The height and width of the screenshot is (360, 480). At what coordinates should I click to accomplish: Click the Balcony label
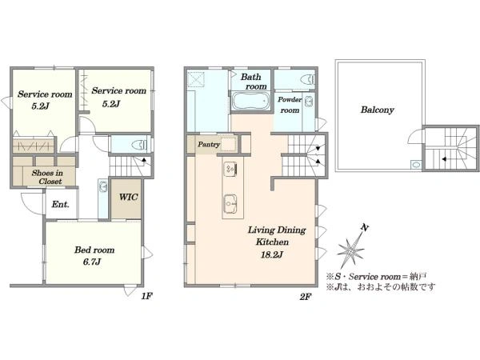coord(377,110)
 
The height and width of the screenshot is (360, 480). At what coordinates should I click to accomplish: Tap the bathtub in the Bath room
coord(250,101)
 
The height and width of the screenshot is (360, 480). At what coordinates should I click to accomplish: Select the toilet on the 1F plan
coord(140,145)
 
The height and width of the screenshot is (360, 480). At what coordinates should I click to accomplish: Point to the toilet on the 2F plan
coord(308,79)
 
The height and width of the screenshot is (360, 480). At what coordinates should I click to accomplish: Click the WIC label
coord(128,197)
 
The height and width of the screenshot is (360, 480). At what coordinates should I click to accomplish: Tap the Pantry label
coord(209,144)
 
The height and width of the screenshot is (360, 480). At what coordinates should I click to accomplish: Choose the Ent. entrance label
coord(60,204)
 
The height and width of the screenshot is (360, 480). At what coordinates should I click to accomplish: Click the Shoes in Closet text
coord(47,177)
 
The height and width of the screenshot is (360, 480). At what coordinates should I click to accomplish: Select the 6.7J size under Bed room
coord(92,262)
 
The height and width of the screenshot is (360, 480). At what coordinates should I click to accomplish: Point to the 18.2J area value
coord(272,254)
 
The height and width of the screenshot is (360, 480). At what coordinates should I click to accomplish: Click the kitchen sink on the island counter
coord(230,203)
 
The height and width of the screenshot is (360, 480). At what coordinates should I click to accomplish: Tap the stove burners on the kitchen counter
coord(230,169)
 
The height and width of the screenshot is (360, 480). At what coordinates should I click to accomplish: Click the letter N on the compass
coord(364,228)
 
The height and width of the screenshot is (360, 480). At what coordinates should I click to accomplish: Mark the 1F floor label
coord(146,296)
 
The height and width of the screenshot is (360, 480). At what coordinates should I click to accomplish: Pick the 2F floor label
coord(306,296)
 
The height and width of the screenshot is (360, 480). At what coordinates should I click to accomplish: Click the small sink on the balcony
coord(416,165)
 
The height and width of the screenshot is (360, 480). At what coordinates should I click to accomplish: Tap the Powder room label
coord(290,105)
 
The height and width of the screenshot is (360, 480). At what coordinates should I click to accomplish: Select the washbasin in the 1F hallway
coord(103,186)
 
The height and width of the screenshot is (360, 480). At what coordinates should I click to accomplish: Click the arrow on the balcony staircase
coord(443,159)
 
